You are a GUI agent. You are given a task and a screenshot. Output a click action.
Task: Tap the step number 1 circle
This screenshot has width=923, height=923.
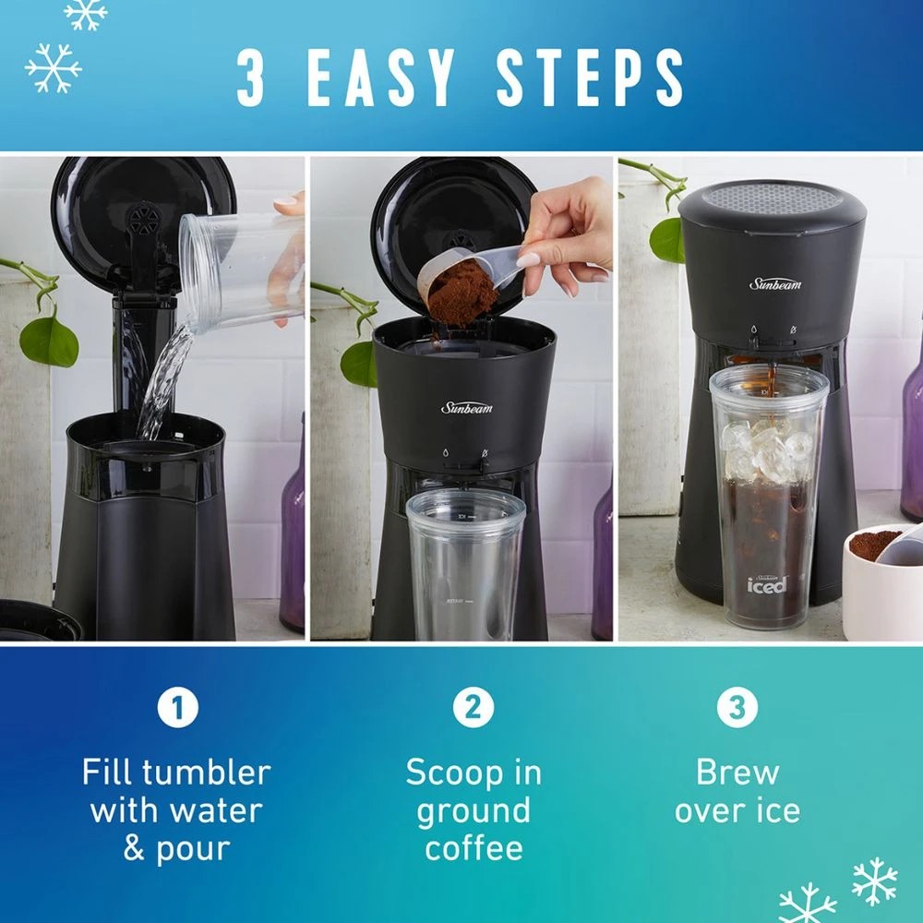click(178, 709)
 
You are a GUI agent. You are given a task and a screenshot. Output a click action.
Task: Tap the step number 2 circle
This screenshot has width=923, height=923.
click(473, 709)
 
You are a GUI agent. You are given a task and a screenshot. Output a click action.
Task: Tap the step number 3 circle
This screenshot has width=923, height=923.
click(737, 709)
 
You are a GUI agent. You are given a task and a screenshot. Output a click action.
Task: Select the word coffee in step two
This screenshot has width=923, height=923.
click(473, 848)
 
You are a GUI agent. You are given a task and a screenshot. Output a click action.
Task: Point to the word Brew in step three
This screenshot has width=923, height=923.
click(737, 772)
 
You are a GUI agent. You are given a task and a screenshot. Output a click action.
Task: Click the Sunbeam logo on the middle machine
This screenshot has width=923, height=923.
click(467, 407)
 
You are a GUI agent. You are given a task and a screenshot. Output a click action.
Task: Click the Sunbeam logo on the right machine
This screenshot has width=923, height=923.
click(775, 283)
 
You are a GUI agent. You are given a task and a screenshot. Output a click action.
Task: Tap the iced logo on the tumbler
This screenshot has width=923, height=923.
click(767, 583)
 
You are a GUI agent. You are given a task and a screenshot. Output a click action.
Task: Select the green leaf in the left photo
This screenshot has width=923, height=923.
click(48, 340)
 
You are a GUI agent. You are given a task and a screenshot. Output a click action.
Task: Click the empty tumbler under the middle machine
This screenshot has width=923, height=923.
click(464, 563)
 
